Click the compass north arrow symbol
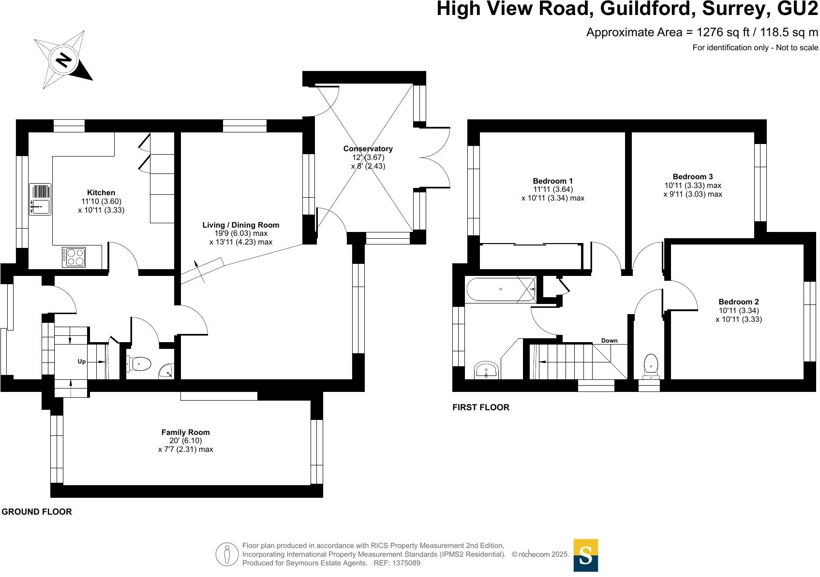pyautogui.click(x=63, y=59)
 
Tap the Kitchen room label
pyautogui.click(x=101, y=192)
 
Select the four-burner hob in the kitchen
pyautogui.click(x=74, y=257)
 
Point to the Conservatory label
pyautogui.click(x=368, y=148)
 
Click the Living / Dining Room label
pyautogui.click(x=240, y=225)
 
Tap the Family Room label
pyautogui.click(x=185, y=432)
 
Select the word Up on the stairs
pyautogui.click(x=82, y=361)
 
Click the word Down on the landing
pyautogui.click(x=609, y=341)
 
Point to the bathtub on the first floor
pyautogui.click(x=501, y=289)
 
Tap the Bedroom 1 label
pyautogui.click(x=552, y=181)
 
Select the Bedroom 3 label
pyautogui.click(x=692, y=176)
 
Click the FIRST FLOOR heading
pyautogui.click(x=480, y=407)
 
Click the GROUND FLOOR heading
pyautogui.click(x=37, y=512)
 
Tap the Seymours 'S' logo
pyautogui.click(x=585, y=555)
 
